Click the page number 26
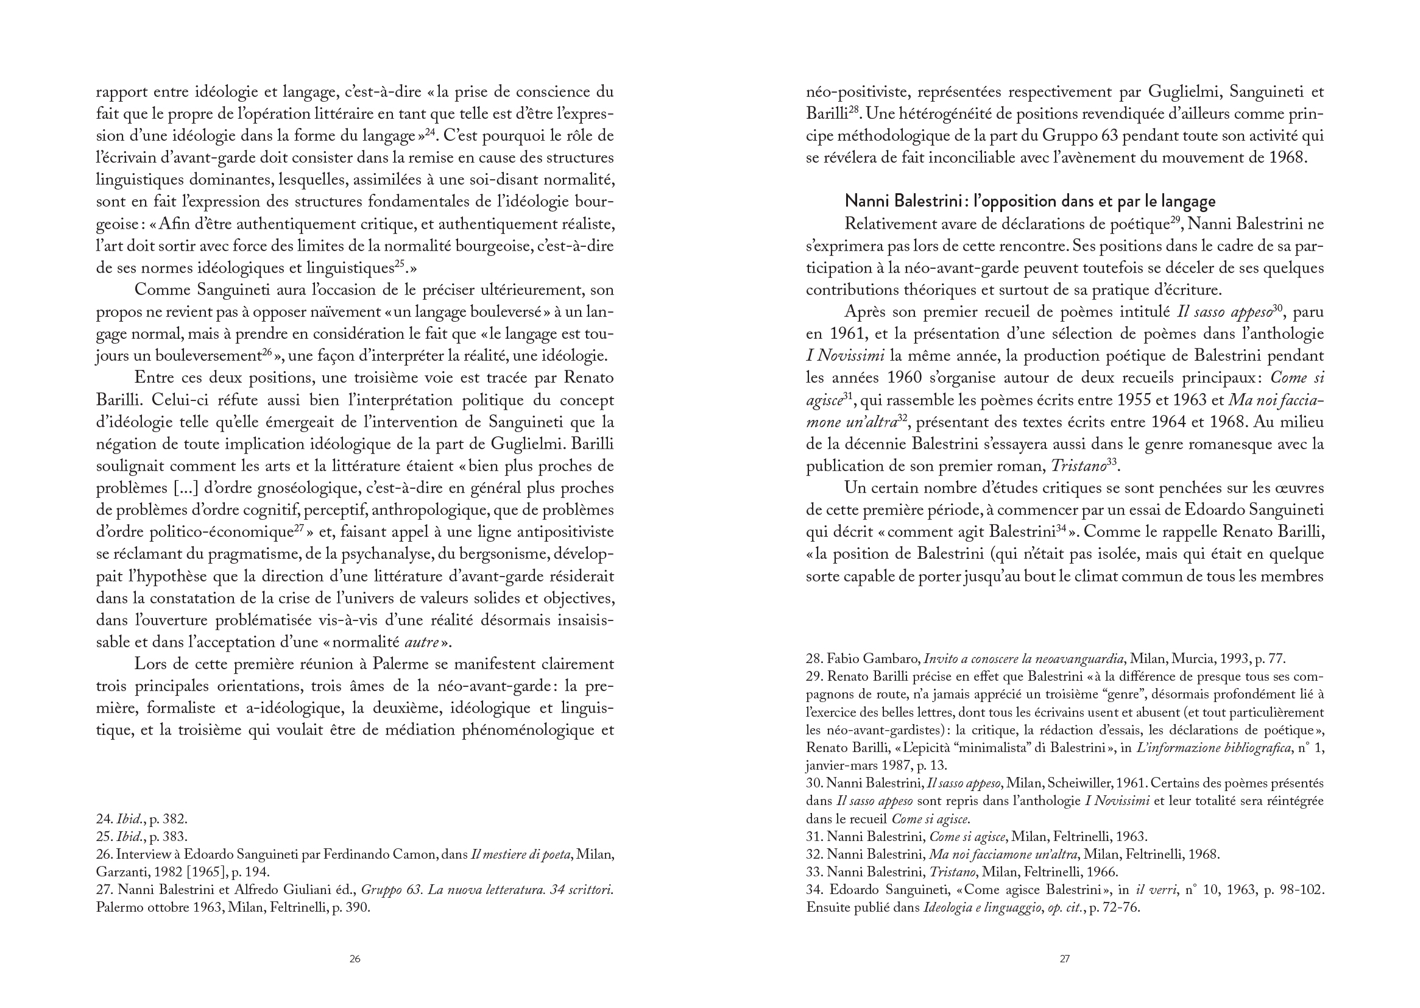(x=354, y=959)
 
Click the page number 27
(x=1064, y=959)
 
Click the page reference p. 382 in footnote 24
(x=169, y=818)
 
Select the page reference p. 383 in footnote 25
(x=169, y=836)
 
